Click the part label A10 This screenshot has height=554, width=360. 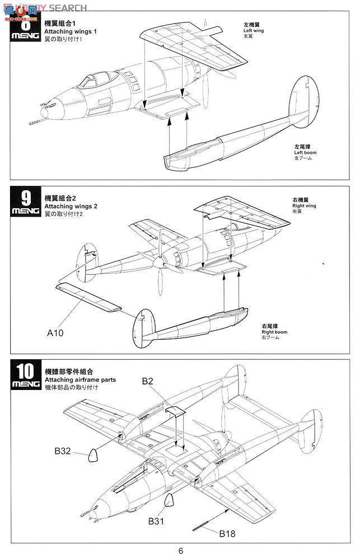coord(56,332)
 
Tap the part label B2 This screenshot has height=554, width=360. coord(148,382)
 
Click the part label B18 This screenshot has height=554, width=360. coord(227,533)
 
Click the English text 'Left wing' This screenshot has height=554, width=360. coord(253,30)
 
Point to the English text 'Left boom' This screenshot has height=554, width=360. coord(303,153)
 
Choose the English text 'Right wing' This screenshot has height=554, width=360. coord(288,206)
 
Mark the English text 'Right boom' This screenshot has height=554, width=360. coord(274,332)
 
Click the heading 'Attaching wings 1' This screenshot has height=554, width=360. coord(71,32)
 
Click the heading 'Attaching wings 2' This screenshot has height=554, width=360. coord(71,206)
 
